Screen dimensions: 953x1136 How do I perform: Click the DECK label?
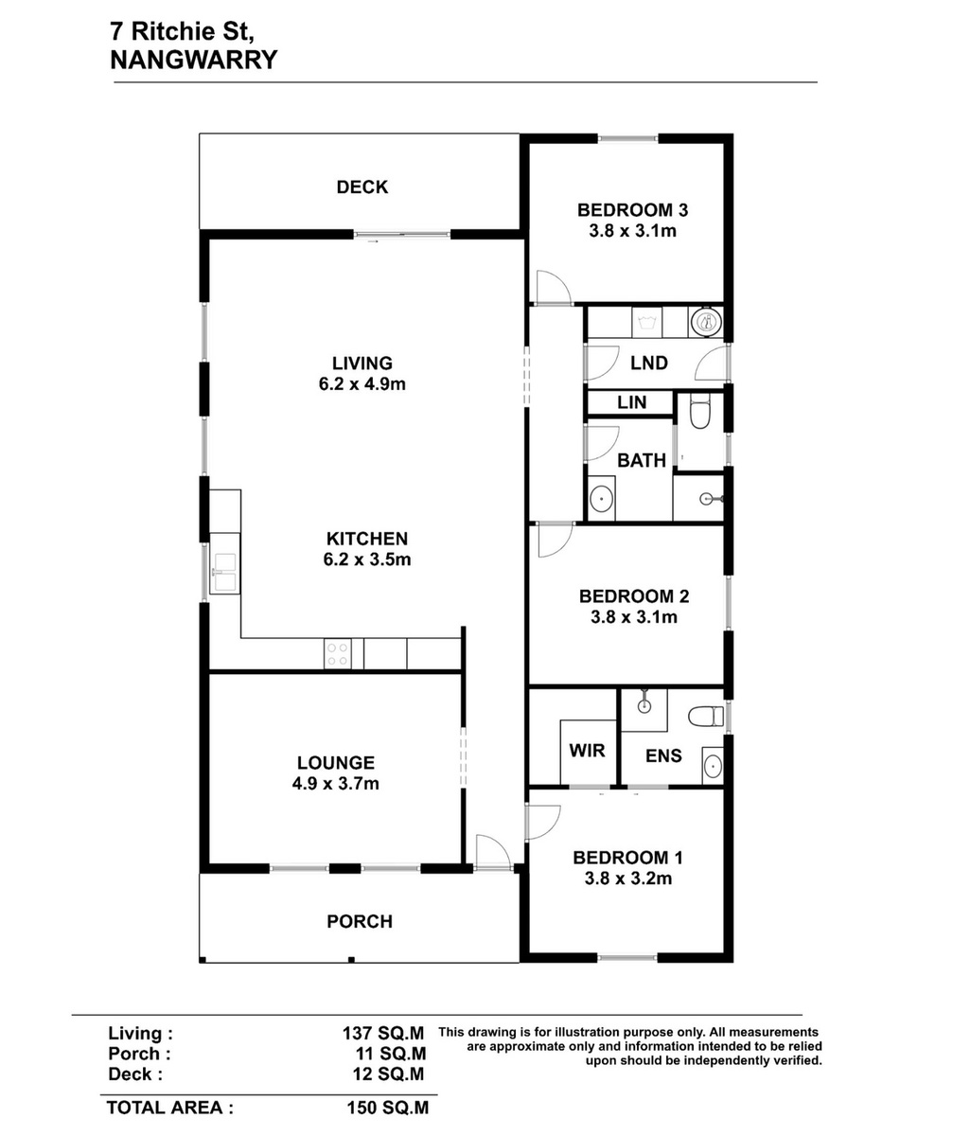362,187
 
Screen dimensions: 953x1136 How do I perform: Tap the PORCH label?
360,921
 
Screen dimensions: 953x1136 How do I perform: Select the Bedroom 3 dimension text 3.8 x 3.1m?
632,231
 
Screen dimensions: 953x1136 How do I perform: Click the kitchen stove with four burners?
337,653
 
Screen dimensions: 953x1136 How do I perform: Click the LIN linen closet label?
631,402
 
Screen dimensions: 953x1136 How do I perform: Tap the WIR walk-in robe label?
587,751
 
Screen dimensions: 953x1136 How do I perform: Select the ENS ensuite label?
663,755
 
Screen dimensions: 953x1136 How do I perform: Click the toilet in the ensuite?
706,716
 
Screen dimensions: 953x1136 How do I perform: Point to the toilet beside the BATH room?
699,411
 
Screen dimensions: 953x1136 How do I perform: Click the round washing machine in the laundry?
707,322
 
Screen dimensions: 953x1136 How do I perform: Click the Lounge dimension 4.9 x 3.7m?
336,784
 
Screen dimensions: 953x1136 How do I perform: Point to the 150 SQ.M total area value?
388,1108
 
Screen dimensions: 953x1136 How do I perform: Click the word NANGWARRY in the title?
194,60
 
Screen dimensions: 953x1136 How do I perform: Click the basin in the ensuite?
713,767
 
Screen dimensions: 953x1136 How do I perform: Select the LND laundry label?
649,363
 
